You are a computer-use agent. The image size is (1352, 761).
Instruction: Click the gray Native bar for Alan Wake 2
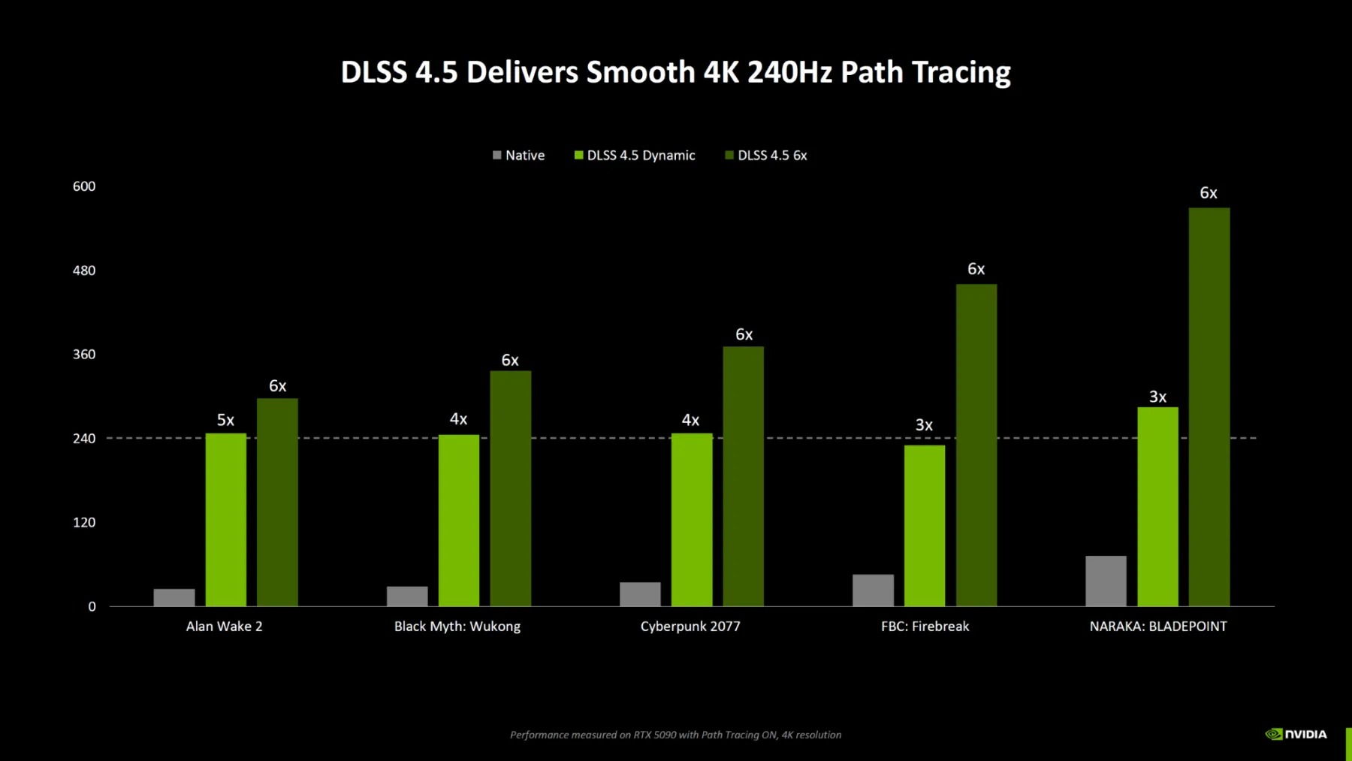pos(174,597)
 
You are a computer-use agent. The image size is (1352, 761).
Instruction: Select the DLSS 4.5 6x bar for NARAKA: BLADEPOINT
pos(1209,406)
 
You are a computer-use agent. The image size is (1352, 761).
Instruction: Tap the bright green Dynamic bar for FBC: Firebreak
pos(925,525)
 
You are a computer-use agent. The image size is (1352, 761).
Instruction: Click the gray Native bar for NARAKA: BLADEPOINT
pos(1106,581)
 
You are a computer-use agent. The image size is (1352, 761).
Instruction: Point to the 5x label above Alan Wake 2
pos(225,420)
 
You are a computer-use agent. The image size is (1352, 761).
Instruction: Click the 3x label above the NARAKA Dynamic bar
pos(1157,397)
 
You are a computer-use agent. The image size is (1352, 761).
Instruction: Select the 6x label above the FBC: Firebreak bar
pos(976,269)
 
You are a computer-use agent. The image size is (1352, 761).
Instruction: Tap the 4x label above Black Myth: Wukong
pos(458,419)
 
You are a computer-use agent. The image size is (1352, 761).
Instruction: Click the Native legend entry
pos(519,156)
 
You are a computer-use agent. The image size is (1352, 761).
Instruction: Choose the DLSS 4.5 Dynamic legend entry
pos(635,156)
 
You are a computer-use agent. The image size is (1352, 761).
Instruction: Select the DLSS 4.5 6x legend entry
pos(766,156)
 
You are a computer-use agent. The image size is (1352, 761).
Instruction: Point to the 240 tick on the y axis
pos(84,439)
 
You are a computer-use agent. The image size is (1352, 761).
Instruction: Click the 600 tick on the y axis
pos(84,186)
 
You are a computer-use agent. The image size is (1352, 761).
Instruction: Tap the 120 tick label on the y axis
pos(84,523)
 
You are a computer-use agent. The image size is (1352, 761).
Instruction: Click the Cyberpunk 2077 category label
pos(690,627)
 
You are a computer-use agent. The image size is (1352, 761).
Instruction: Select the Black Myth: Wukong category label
pos(457,627)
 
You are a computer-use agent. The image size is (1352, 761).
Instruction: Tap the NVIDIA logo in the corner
pos(1296,734)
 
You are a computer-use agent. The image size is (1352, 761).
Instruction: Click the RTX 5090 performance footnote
pos(675,735)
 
